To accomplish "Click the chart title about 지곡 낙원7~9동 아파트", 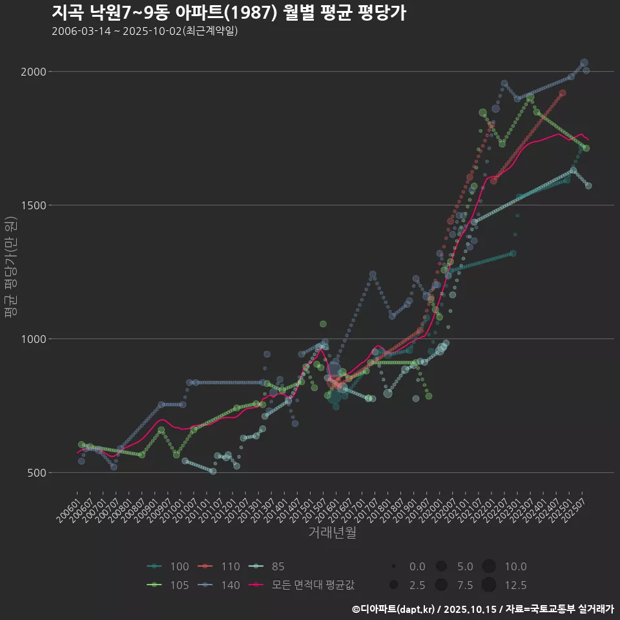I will coord(229,12).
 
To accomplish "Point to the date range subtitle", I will coord(145,31).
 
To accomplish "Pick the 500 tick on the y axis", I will coord(37,473).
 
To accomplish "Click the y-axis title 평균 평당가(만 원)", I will coord(10,268).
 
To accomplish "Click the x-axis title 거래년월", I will coord(332,532).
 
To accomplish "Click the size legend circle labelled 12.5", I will coord(489,586).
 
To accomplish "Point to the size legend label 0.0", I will coord(417,567).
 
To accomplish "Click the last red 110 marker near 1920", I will coord(563,93).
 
